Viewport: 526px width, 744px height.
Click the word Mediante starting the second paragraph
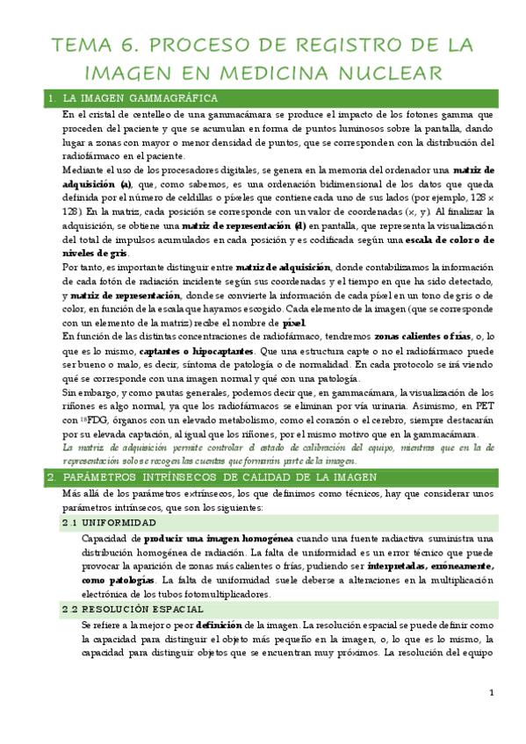(x=84, y=170)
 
